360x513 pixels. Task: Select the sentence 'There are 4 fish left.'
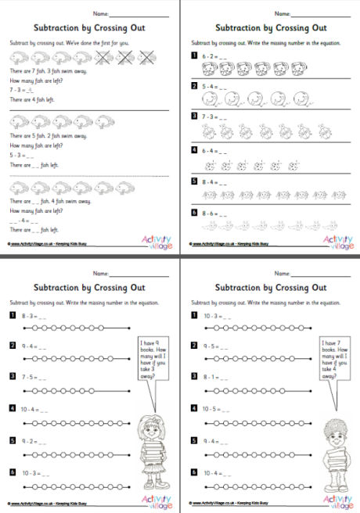32,99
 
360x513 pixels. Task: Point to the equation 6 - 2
211,57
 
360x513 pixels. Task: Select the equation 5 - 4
211,86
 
